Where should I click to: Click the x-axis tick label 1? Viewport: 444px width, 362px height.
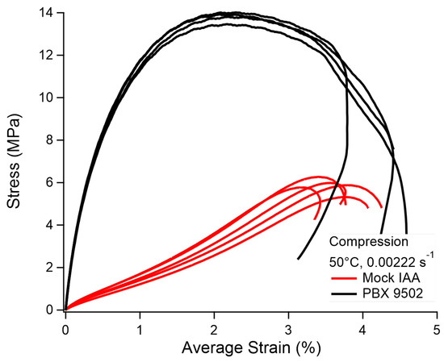click(140, 329)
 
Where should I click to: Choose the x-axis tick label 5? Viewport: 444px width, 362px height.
click(436, 329)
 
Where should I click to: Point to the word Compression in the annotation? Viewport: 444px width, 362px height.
click(371, 241)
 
